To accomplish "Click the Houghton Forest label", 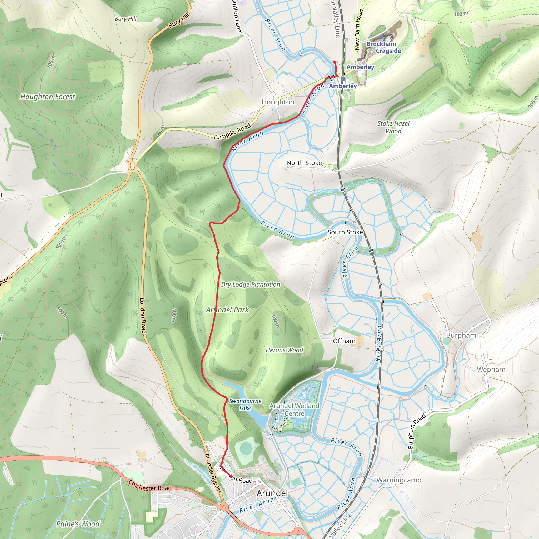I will click(48, 97).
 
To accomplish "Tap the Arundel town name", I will click(272, 493).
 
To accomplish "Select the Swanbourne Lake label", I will click(245, 405).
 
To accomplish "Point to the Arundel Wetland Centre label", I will click(294, 410).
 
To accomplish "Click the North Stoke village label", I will click(304, 163).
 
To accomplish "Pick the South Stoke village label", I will click(345, 232).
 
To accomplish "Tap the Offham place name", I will click(344, 341).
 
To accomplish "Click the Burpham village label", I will click(461, 335).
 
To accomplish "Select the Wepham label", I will click(491, 369).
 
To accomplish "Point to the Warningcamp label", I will click(399, 480).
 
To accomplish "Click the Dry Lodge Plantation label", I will click(251, 285).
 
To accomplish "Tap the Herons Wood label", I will click(284, 350).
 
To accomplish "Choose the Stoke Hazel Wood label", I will click(393, 127).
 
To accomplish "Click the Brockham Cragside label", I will click(384, 47).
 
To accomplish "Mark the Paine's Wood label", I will click(78, 524).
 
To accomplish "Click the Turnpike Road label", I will click(232, 132).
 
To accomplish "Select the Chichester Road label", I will click(150, 486).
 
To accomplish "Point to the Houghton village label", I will click(278, 102).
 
